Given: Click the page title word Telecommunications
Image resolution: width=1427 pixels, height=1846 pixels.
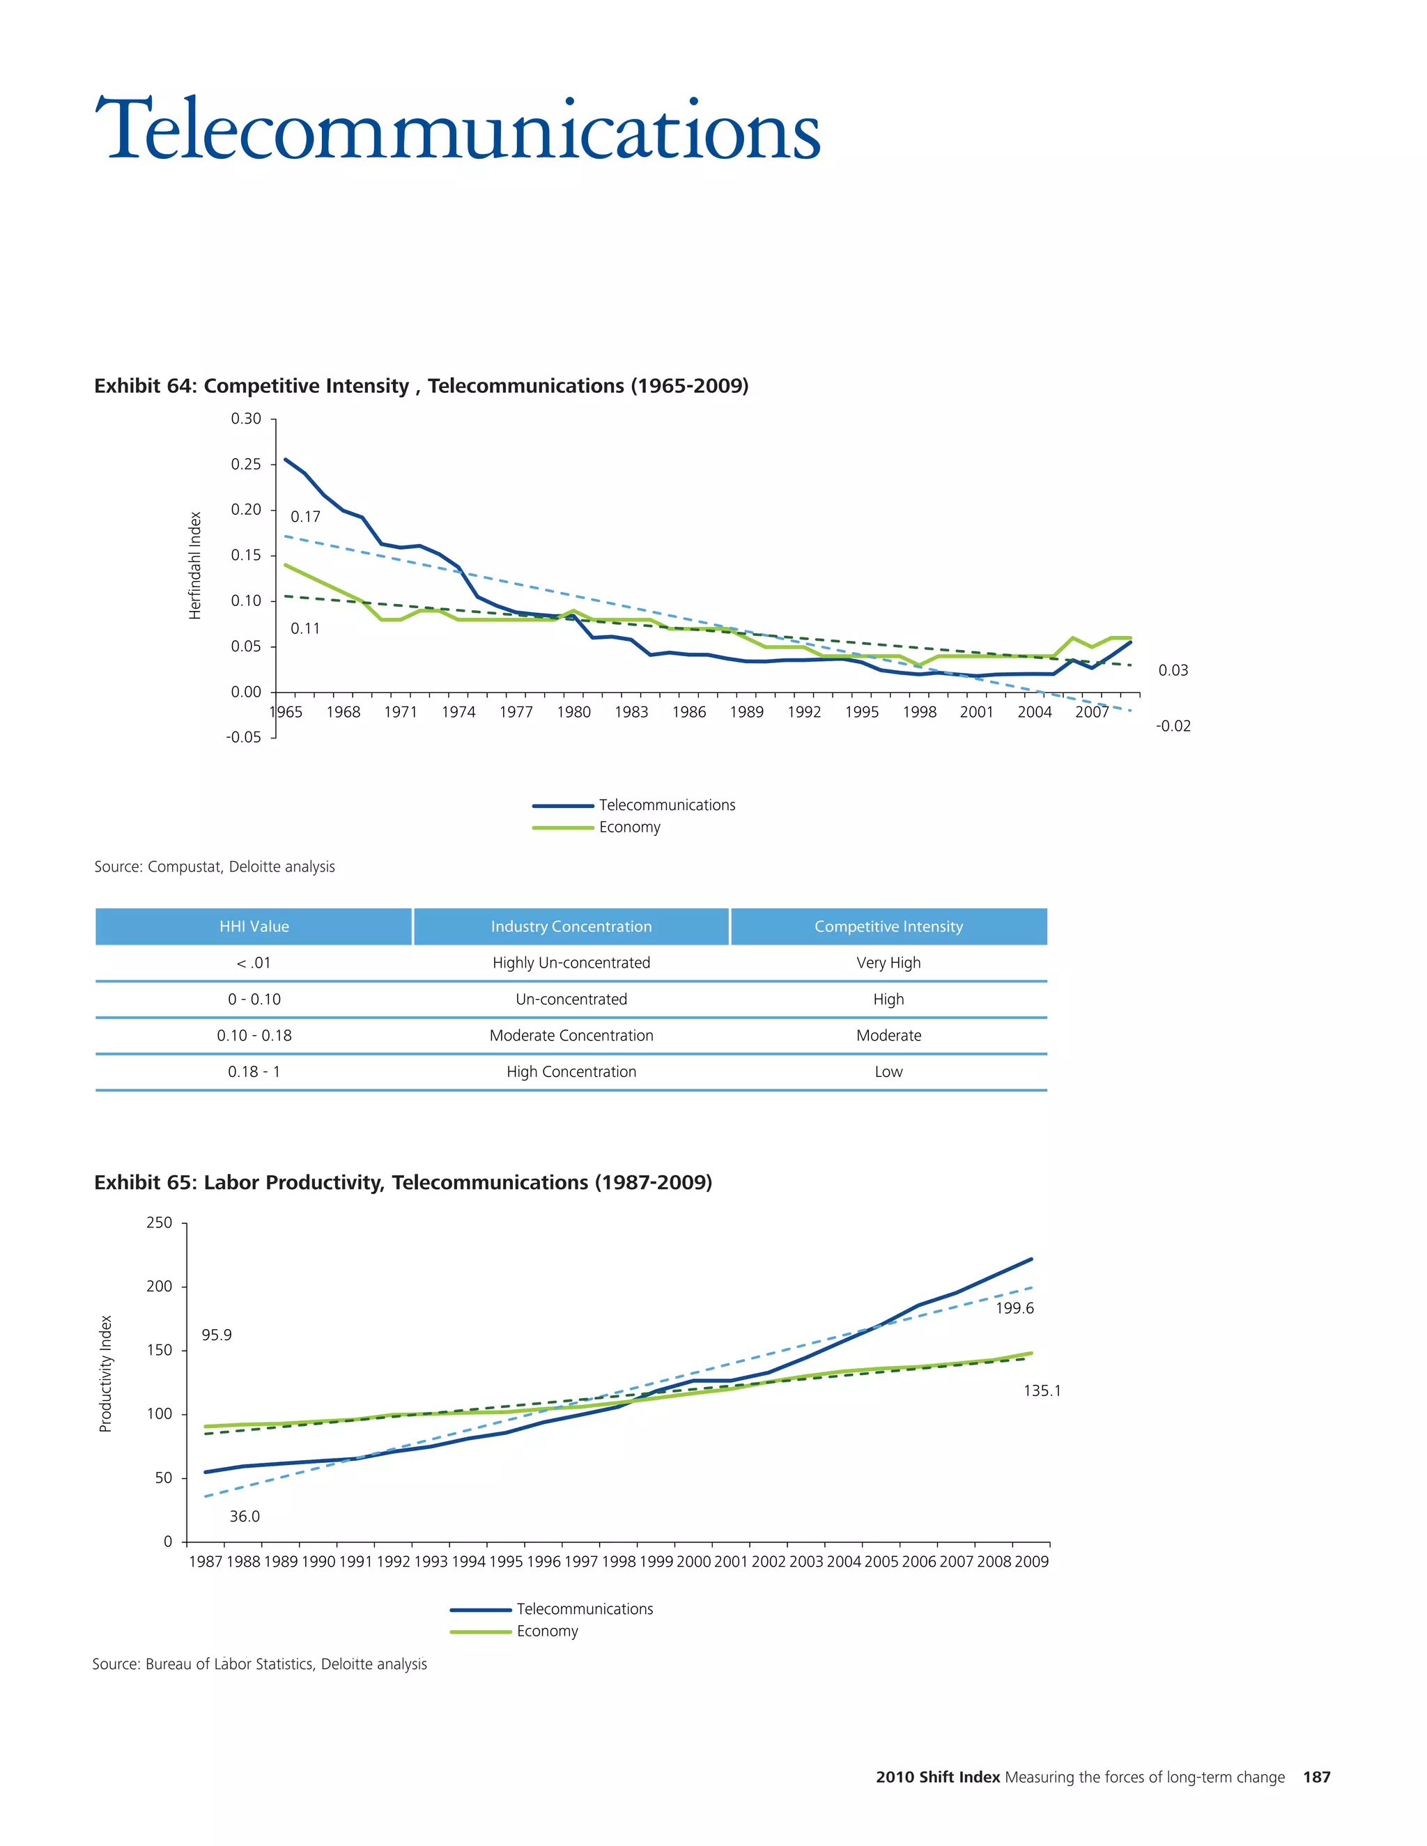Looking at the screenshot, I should tap(456, 131).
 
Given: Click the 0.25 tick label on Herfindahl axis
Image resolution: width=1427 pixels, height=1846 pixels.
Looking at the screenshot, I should tap(246, 464).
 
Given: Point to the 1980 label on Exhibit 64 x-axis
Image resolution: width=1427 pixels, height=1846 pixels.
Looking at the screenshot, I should tap(573, 712).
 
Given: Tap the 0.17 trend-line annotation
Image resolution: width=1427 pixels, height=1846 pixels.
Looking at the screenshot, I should tap(305, 516).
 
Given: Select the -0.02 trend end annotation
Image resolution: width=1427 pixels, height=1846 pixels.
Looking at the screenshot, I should tap(1173, 726).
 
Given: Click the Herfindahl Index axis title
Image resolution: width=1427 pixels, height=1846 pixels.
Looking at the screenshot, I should tap(195, 566).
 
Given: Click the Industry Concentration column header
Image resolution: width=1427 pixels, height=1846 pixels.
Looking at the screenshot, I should tap(571, 926).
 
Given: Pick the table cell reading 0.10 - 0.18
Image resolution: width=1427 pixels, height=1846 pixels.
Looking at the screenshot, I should tap(254, 1035).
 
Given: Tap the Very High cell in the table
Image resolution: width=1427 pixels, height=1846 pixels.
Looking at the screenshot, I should tap(888, 963).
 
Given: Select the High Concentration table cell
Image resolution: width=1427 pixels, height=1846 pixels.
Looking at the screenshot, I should tap(571, 1072).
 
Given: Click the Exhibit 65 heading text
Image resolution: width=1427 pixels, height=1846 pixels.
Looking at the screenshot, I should tap(403, 1183).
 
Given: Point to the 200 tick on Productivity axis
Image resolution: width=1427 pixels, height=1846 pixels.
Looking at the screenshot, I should tap(159, 1287).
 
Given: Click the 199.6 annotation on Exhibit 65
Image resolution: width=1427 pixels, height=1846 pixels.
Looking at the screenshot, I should tap(1014, 1308).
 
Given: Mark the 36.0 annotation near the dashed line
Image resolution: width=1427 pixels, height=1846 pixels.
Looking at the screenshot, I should tap(245, 1517).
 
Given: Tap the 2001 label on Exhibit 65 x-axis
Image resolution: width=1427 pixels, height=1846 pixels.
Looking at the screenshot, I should tap(730, 1562).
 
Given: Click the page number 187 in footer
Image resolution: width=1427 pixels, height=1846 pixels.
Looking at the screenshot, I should tap(1316, 1778).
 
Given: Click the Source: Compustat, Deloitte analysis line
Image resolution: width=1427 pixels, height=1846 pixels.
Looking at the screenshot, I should tap(215, 867).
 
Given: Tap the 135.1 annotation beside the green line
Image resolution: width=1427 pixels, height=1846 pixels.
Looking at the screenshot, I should tap(1042, 1390).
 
